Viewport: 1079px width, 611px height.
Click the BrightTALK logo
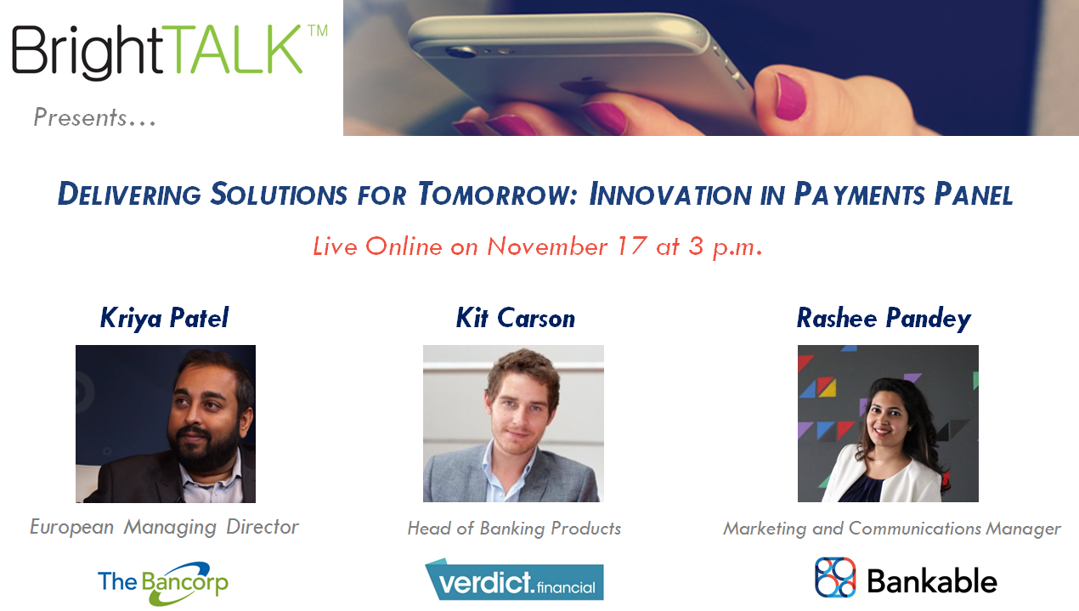[170, 52]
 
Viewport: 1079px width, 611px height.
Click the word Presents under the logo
[80, 117]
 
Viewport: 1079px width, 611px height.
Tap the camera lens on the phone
[460, 51]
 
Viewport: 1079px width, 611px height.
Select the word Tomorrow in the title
[497, 195]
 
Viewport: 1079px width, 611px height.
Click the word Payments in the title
[859, 195]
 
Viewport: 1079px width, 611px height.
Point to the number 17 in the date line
[631, 246]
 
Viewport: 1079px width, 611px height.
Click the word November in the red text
[547, 246]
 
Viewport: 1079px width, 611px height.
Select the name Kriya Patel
[164, 319]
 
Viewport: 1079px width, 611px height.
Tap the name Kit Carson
[516, 318]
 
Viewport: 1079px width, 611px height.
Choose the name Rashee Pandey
[884, 319]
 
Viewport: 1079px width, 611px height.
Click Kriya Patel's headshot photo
[166, 424]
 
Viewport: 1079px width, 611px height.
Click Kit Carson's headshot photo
[513, 423]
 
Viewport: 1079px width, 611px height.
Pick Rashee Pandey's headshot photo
[888, 423]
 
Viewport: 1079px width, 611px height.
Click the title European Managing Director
[164, 527]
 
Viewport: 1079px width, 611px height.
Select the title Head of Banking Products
[515, 529]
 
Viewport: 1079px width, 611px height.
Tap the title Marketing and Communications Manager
[892, 529]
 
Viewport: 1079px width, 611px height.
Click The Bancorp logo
[163, 584]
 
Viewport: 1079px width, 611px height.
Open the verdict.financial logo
[514, 580]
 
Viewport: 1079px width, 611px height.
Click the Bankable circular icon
[835, 577]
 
